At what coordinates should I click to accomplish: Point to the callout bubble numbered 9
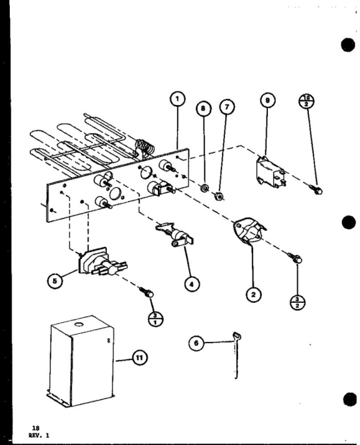[267, 101]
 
